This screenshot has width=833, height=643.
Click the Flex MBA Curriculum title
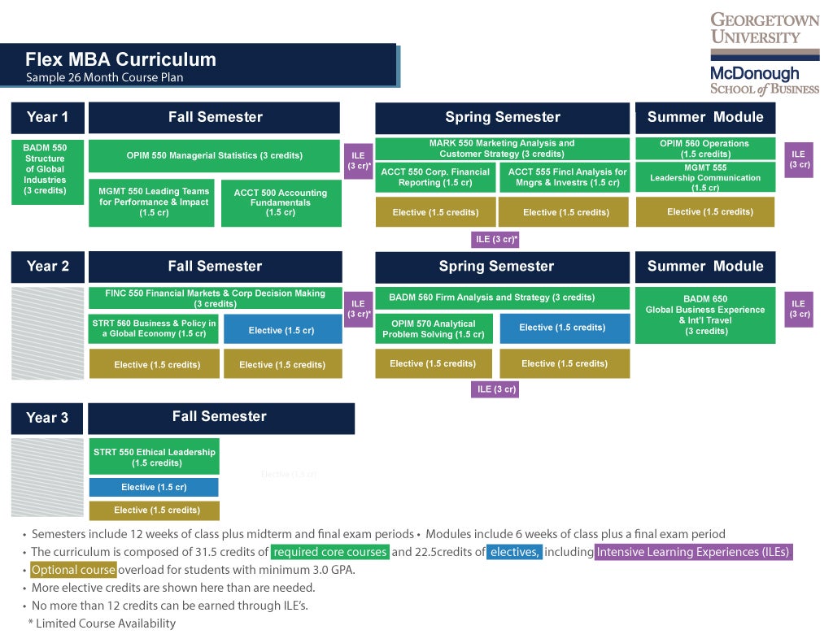tap(120, 59)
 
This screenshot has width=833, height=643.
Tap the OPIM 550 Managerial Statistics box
tap(214, 155)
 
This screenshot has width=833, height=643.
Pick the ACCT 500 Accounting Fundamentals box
tap(280, 202)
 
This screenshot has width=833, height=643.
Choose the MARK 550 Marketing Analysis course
tap(502, 149)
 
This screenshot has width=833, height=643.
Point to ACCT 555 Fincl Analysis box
tap(567, 177)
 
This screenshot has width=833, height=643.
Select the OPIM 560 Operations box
tap(704, 149)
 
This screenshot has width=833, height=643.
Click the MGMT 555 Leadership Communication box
tap(704, 177)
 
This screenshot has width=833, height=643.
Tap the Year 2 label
tap(48, 266)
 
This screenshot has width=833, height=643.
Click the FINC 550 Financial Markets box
tap(215, 298)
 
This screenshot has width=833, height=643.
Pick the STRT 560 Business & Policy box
tap(154, 328)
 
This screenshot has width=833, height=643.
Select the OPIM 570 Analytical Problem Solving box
tap(434, 328)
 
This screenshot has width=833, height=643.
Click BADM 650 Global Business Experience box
tap(704, 315)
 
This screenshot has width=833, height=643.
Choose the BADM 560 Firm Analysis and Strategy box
tap(502, 298)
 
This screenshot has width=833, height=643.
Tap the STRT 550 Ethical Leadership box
tap(154, 457)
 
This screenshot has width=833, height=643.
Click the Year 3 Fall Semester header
tap(220, 417)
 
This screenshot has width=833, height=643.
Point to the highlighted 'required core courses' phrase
tap(329, 553)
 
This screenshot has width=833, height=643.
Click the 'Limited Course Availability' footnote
tap(102, 623)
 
